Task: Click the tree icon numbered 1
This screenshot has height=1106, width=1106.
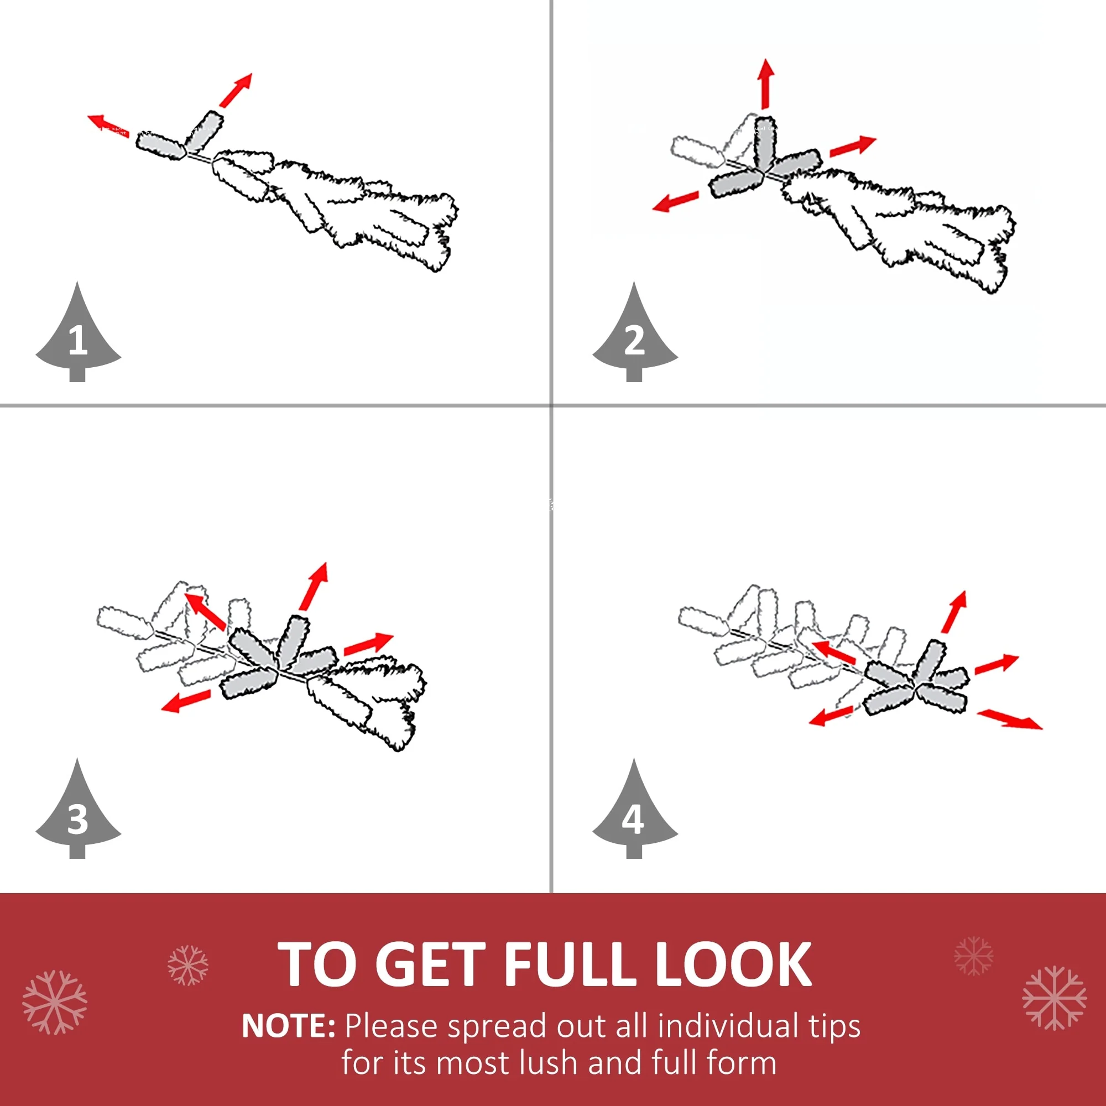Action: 78,335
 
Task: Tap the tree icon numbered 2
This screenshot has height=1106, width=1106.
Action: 635,335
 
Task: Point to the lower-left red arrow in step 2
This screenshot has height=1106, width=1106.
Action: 676,201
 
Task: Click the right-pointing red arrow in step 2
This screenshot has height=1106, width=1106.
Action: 853,145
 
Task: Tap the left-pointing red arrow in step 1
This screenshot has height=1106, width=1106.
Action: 108,126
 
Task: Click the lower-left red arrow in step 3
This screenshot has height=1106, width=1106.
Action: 186,701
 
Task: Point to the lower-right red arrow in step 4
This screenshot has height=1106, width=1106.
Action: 1010,719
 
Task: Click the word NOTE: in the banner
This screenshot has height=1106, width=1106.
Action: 289,1026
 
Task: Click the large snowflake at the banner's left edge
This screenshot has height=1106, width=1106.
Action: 55,1003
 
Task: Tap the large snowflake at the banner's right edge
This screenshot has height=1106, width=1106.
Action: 1054,998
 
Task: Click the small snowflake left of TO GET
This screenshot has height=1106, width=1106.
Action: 188,965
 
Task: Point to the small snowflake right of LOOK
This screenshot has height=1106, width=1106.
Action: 973,956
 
